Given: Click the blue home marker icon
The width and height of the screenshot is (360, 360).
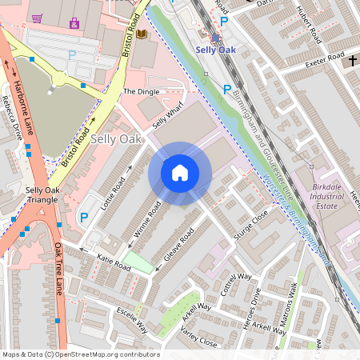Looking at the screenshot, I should tap(180, 172).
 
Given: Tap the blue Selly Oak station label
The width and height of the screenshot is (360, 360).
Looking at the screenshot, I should tap(217, 50).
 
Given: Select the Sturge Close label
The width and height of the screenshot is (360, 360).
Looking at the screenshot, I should tap(250, 226).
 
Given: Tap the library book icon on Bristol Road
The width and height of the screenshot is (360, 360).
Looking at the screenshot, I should tap(142, 34).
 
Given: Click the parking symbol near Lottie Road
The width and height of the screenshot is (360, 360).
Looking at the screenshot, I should tap(82, 218).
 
